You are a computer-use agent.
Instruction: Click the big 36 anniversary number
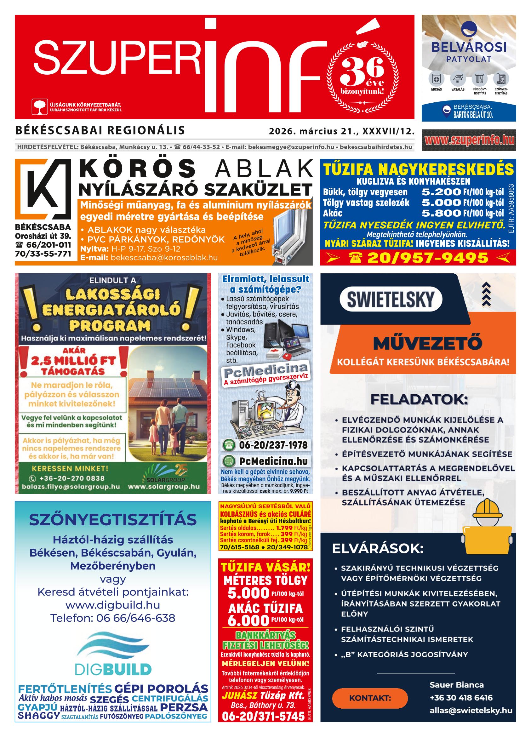362,69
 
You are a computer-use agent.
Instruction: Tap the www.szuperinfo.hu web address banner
469,140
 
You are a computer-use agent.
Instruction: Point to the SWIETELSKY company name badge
390,299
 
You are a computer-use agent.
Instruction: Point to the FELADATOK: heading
419,399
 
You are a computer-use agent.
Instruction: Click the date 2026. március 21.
313,131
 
